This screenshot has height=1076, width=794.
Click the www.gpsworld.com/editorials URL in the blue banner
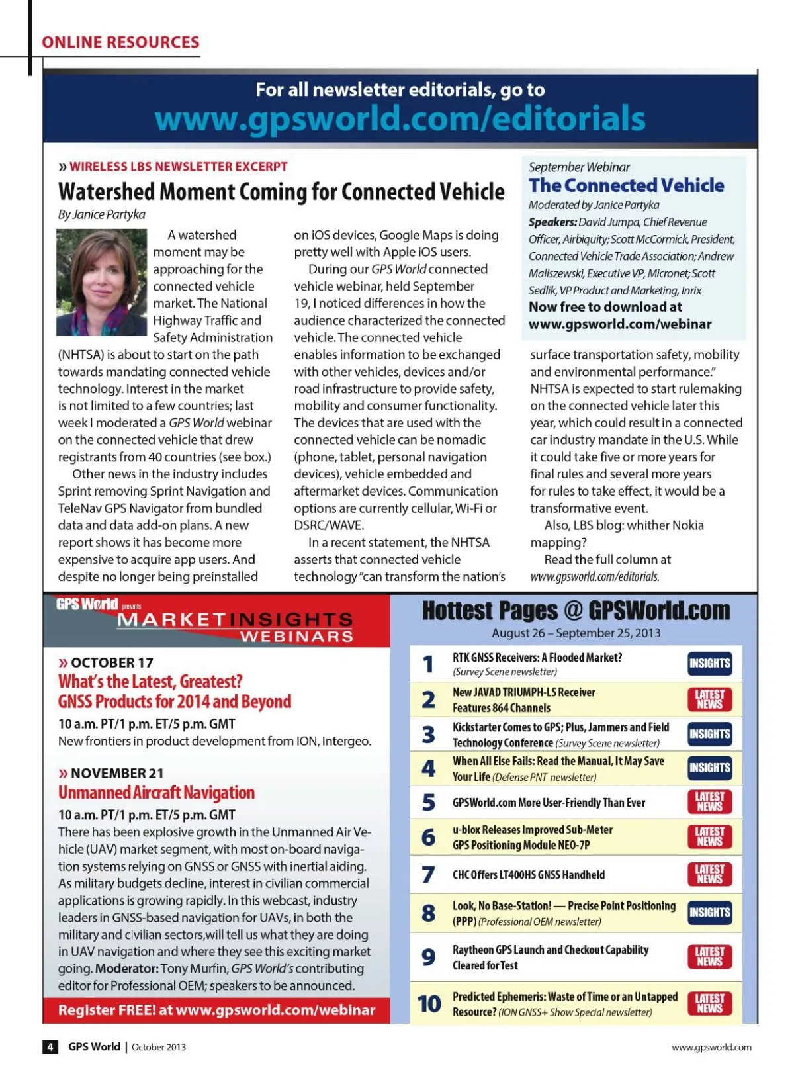point(400,119)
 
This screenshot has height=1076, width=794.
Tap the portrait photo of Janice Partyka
point(101,282)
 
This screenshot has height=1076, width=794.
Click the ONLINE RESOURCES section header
point(120,42)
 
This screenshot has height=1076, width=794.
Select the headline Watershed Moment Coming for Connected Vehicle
point(281,192)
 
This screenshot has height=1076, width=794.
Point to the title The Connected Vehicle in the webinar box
point(626,185)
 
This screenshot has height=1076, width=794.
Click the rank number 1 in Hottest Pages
point(428,664)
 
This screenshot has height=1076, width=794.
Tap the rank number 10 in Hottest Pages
point(429,1004)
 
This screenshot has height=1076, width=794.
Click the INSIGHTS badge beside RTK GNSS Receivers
point(709,664)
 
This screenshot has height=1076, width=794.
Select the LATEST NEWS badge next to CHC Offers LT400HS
point(709,874)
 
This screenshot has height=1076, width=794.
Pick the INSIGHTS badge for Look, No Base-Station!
point(709,913)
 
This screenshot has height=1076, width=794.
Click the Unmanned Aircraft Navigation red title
point(156,793)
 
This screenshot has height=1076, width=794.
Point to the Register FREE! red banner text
point(216,1010)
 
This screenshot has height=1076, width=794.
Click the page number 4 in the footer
point(50,1047)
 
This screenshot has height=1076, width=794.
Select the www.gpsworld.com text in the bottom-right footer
point(711,1047)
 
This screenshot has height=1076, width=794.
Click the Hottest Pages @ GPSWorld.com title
point(576,610)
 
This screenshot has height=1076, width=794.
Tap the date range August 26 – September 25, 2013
point(576,633)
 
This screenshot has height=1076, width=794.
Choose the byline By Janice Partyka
point(101,214)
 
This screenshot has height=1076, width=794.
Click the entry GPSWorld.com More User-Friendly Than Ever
point(549,803)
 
